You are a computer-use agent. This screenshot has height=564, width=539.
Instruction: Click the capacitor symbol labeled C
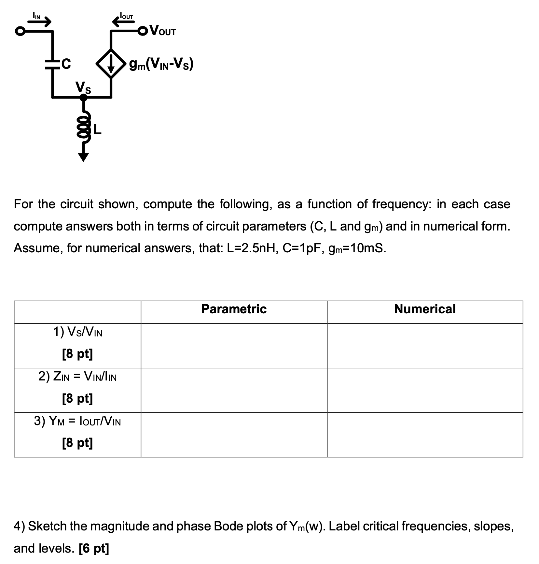click(x=52, y=64)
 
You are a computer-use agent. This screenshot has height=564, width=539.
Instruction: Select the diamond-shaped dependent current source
click(x=111, y=64)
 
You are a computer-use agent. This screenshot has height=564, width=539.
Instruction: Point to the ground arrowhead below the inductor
click(x=83, y=157)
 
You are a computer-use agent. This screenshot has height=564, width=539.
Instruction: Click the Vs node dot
click(x=83, y=97)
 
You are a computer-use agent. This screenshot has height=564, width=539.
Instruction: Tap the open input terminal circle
click(x=20, y=32)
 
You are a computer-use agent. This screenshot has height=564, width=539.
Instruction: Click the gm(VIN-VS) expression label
click(x=161, y=64)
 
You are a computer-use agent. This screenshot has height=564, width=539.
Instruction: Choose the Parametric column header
click(x=234, y=309)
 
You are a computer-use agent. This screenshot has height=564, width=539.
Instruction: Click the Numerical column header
click(x=425, y=309)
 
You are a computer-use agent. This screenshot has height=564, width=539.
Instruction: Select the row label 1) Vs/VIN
click(x=77, y=332)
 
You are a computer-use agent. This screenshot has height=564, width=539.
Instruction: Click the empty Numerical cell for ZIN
click(x=425, y=390)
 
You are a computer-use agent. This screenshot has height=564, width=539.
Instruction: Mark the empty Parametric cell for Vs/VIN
click(x=234, y=346)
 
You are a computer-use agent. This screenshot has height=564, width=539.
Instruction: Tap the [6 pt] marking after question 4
click(x=94, y=548)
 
